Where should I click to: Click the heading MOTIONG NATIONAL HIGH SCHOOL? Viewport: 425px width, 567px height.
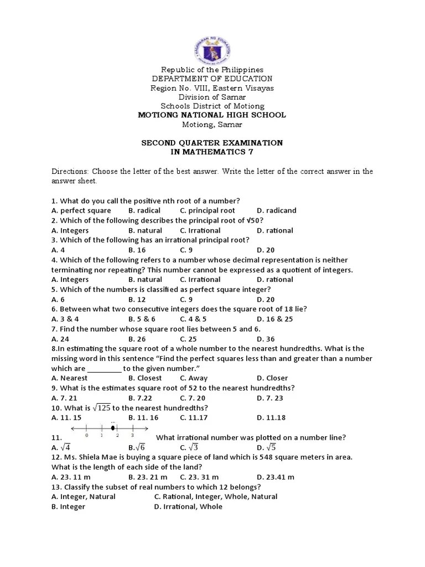tap(212, 115)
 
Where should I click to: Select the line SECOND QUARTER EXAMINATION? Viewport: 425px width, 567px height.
tap(212, 143)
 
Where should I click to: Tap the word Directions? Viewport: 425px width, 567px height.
tap(70, 172)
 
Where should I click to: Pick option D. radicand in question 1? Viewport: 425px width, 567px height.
tap(277, 210)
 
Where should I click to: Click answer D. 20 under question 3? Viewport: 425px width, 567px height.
tap(266, 250)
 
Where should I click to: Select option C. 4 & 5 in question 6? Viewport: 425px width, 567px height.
tap(193, 319)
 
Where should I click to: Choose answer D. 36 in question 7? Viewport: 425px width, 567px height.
tap(266, 339)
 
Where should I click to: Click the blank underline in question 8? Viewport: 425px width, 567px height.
tap(104, 369)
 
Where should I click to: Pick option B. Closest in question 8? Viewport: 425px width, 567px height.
tap(145, 378)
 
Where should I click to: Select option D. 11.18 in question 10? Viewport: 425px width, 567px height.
tap(272, 417)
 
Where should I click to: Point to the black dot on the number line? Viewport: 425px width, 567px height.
tap(113, 428)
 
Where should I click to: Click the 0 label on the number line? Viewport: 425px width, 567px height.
tap(87, 435)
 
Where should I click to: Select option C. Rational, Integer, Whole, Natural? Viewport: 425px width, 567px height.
tap(216, 497)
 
